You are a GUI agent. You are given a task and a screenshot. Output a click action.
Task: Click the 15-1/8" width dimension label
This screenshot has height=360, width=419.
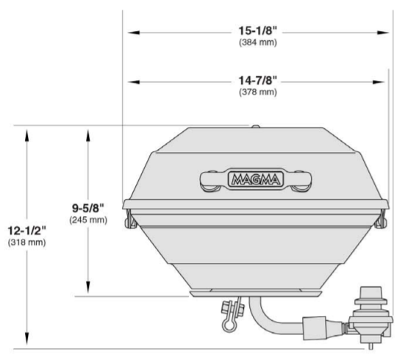click(257, 31)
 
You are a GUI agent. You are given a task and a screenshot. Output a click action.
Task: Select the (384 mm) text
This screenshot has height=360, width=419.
click(258, 43)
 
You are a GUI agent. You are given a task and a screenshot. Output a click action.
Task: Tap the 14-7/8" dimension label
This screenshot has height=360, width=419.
click(257, 80)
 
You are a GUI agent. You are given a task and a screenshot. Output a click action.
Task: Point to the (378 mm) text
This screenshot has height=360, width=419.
click(258, 92)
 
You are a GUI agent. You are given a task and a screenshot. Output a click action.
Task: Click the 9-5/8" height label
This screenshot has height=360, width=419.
click(88, 208)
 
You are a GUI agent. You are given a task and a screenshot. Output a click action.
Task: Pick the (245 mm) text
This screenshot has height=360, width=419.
click(88, 220)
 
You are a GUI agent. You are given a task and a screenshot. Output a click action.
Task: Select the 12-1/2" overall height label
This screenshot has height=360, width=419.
click(26, 231)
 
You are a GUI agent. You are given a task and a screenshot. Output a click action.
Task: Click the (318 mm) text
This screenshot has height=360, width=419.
click(26, 242)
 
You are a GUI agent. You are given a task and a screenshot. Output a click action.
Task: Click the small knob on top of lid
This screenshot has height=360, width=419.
click(256, 126)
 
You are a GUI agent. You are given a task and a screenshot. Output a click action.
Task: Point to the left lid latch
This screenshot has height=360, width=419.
click(131, 219)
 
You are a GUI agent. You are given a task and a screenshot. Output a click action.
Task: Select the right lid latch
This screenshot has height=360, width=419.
click(381, 219)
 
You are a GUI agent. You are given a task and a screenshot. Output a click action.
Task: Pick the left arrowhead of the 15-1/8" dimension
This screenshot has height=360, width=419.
click(133, 32)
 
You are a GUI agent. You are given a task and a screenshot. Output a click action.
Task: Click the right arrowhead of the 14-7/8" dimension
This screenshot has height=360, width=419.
click(379, 82)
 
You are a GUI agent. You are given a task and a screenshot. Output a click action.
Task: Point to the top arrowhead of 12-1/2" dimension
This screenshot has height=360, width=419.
click(26, 135)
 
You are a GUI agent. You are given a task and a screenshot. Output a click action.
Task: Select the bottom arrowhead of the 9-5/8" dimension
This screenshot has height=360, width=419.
click(88, 287)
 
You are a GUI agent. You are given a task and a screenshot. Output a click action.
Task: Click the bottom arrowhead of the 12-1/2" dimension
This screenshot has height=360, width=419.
click(26, 339)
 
